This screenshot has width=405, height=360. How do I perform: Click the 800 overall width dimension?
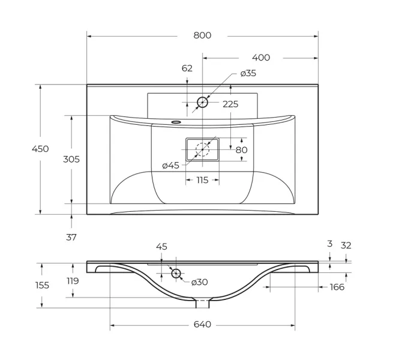202,35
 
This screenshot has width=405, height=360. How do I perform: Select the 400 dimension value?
260,58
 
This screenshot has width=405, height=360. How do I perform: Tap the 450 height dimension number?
40,149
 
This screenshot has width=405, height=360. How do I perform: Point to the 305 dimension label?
71,159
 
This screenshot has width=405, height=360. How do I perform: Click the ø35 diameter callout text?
248,73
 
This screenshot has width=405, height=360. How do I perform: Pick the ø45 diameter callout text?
170,166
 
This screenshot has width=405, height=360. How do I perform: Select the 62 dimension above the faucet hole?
187,68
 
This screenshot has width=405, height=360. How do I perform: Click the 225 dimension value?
230,104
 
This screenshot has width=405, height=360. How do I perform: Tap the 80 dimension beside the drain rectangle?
241,149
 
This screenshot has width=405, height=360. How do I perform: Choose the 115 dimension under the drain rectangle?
202,180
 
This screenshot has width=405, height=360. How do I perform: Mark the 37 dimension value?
71,237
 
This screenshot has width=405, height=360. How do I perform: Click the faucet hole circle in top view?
202,102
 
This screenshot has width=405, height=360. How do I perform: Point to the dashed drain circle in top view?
203,149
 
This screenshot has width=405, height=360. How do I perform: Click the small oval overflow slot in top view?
176,122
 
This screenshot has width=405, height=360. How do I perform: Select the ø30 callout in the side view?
199,283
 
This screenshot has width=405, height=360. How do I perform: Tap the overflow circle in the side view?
176,274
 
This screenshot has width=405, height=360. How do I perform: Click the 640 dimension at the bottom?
202,325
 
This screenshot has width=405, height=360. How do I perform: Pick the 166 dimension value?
337,287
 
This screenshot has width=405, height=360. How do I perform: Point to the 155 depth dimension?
42,285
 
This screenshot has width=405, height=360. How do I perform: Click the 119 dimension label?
73,281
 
